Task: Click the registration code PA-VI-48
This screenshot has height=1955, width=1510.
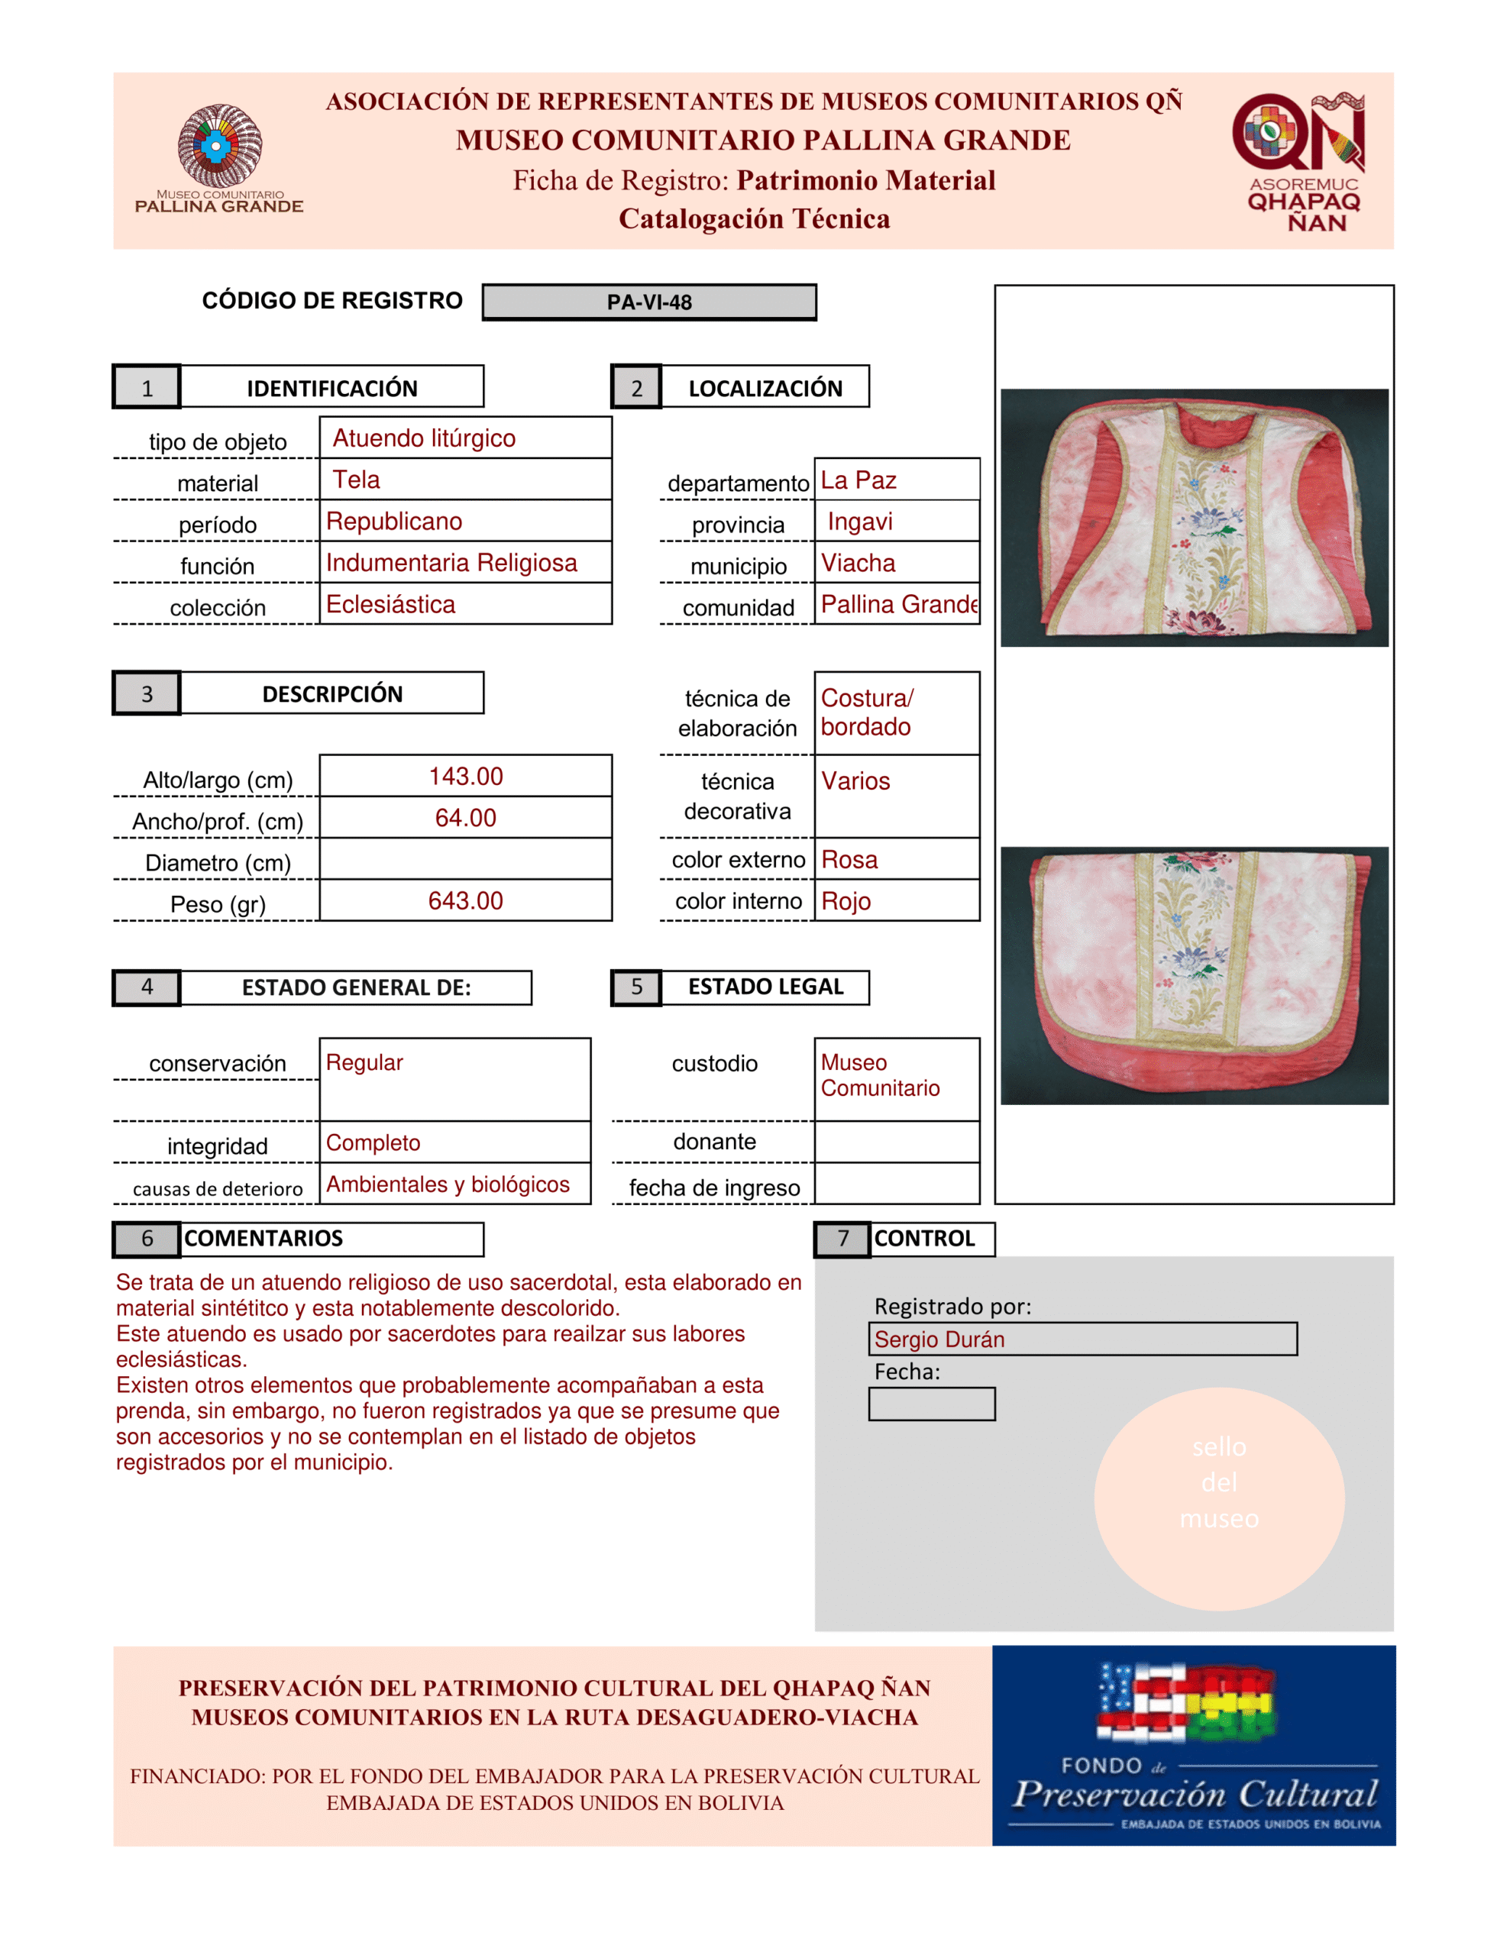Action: [649, 302]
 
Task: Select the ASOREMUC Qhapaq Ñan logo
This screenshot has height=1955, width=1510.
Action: [1302, 161]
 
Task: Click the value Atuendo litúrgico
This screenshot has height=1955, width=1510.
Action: [424, 438]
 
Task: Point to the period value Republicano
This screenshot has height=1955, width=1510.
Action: [394, 522]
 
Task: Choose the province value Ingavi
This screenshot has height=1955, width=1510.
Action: [859, 522]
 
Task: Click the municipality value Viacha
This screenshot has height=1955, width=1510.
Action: [858, 563]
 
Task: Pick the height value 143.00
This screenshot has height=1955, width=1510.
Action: [465, 776]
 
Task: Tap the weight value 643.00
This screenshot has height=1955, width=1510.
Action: [465, 900]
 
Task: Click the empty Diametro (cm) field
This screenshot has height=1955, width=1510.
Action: [465, 859]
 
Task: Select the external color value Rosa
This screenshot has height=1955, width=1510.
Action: [849, 860]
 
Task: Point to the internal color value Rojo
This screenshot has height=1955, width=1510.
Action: [846, 901]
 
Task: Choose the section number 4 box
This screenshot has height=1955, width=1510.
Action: [147, 987]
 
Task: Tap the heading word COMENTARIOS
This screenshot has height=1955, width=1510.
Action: [264, 1239]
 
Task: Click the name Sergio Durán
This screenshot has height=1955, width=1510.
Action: [939, 1340]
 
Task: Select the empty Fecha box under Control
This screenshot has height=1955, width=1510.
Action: [931, 1404]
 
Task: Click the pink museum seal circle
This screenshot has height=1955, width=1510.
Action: [1218, 1498]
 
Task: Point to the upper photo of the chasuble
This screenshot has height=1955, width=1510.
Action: [1194, 518]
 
